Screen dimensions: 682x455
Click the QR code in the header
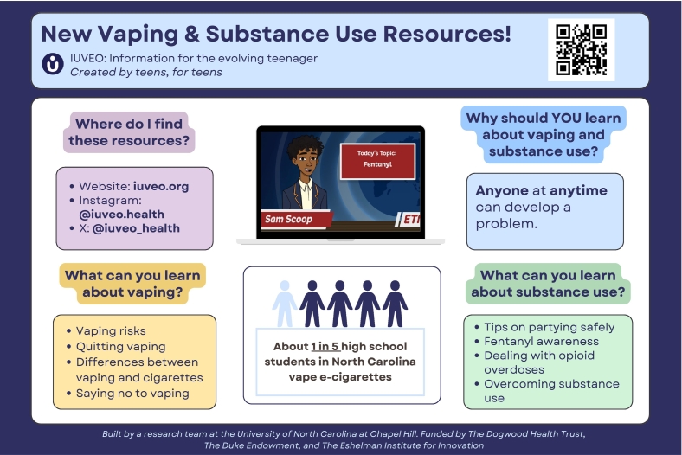581,49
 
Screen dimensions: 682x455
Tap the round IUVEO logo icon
53,64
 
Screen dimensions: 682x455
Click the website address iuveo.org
161,187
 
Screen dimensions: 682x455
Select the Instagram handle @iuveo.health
122,215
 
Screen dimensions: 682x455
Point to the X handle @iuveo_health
136,228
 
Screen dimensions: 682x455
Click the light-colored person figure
285,304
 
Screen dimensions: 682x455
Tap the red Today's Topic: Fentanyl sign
377,161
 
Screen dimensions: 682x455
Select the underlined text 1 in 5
325,347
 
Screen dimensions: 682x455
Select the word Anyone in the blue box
502,190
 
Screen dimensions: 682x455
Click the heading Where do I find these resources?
129,132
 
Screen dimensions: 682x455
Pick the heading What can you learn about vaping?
132,284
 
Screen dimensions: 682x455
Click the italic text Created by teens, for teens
146,72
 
